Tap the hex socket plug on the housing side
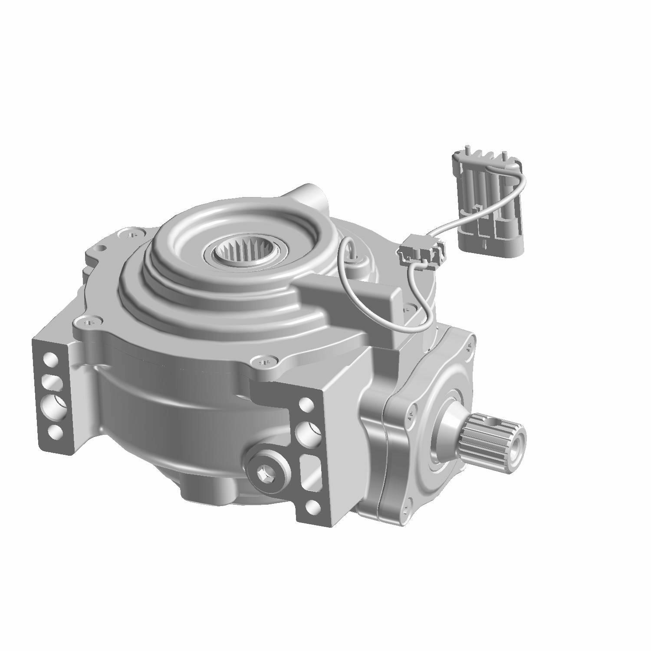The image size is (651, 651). pos(264,472)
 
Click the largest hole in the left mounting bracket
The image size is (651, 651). pos(54,406)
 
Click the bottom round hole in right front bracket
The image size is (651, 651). pos(310,506)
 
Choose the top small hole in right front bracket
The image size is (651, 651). pos(306,404)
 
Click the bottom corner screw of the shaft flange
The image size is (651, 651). pos(405,509)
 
